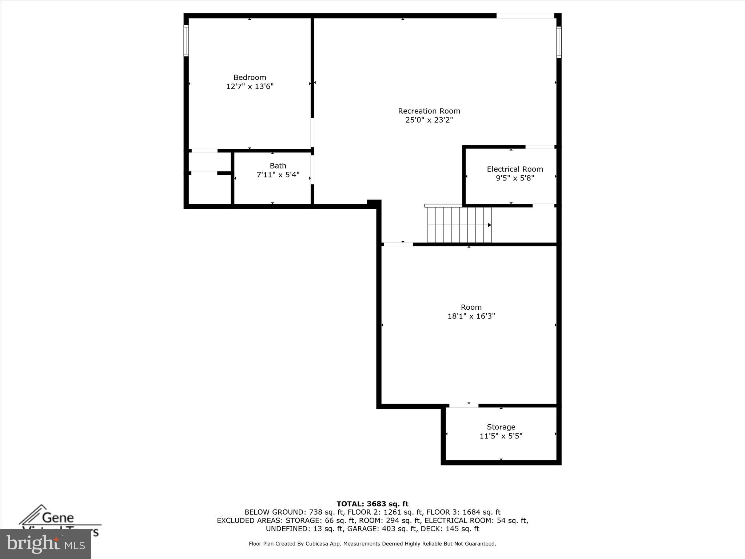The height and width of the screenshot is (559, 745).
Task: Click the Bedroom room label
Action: click(250, 78)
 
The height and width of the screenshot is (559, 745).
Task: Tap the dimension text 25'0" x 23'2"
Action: click(429, 120)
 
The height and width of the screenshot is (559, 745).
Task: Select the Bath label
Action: click(278, 166)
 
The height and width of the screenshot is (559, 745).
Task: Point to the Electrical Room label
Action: click(515, 169)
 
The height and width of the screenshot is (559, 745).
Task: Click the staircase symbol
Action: click(459, 225)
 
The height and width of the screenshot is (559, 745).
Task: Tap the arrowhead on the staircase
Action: click(489, 225)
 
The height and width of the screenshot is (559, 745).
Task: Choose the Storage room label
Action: click(501, 427)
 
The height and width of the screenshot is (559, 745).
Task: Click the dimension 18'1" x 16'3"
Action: click(471, 316)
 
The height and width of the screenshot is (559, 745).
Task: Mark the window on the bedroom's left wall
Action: click(186, 40)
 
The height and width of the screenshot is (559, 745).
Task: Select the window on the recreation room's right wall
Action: click(559, 42)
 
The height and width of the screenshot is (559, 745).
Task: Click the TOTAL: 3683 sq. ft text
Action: click(372, 504)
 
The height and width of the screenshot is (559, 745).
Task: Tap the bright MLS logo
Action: click(45, 544)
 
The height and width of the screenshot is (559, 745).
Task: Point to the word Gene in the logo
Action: click(58, 518)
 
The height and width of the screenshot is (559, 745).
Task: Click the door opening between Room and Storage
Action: click(463, 406)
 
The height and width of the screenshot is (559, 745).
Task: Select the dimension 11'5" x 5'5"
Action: click(501, 436)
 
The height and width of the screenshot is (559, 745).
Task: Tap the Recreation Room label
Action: click(429, 111)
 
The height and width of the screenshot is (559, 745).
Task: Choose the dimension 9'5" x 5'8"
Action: click(515, 178)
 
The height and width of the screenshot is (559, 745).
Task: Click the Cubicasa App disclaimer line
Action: click(372, 544)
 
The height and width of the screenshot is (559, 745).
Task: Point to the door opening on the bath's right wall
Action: click(312, 170)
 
